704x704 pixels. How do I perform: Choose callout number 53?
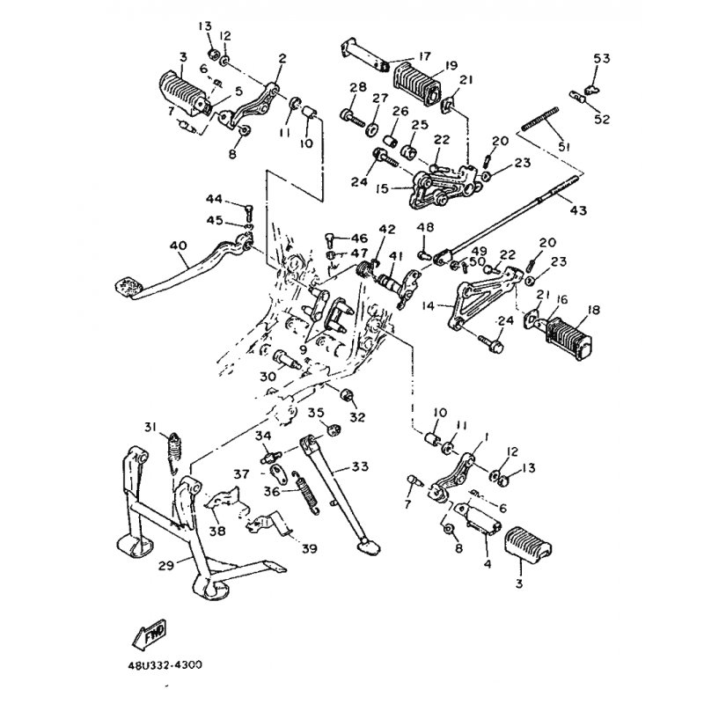click(601, 58)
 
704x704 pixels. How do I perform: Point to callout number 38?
click(216, 531)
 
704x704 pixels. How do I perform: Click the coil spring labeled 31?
click(176, 448)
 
